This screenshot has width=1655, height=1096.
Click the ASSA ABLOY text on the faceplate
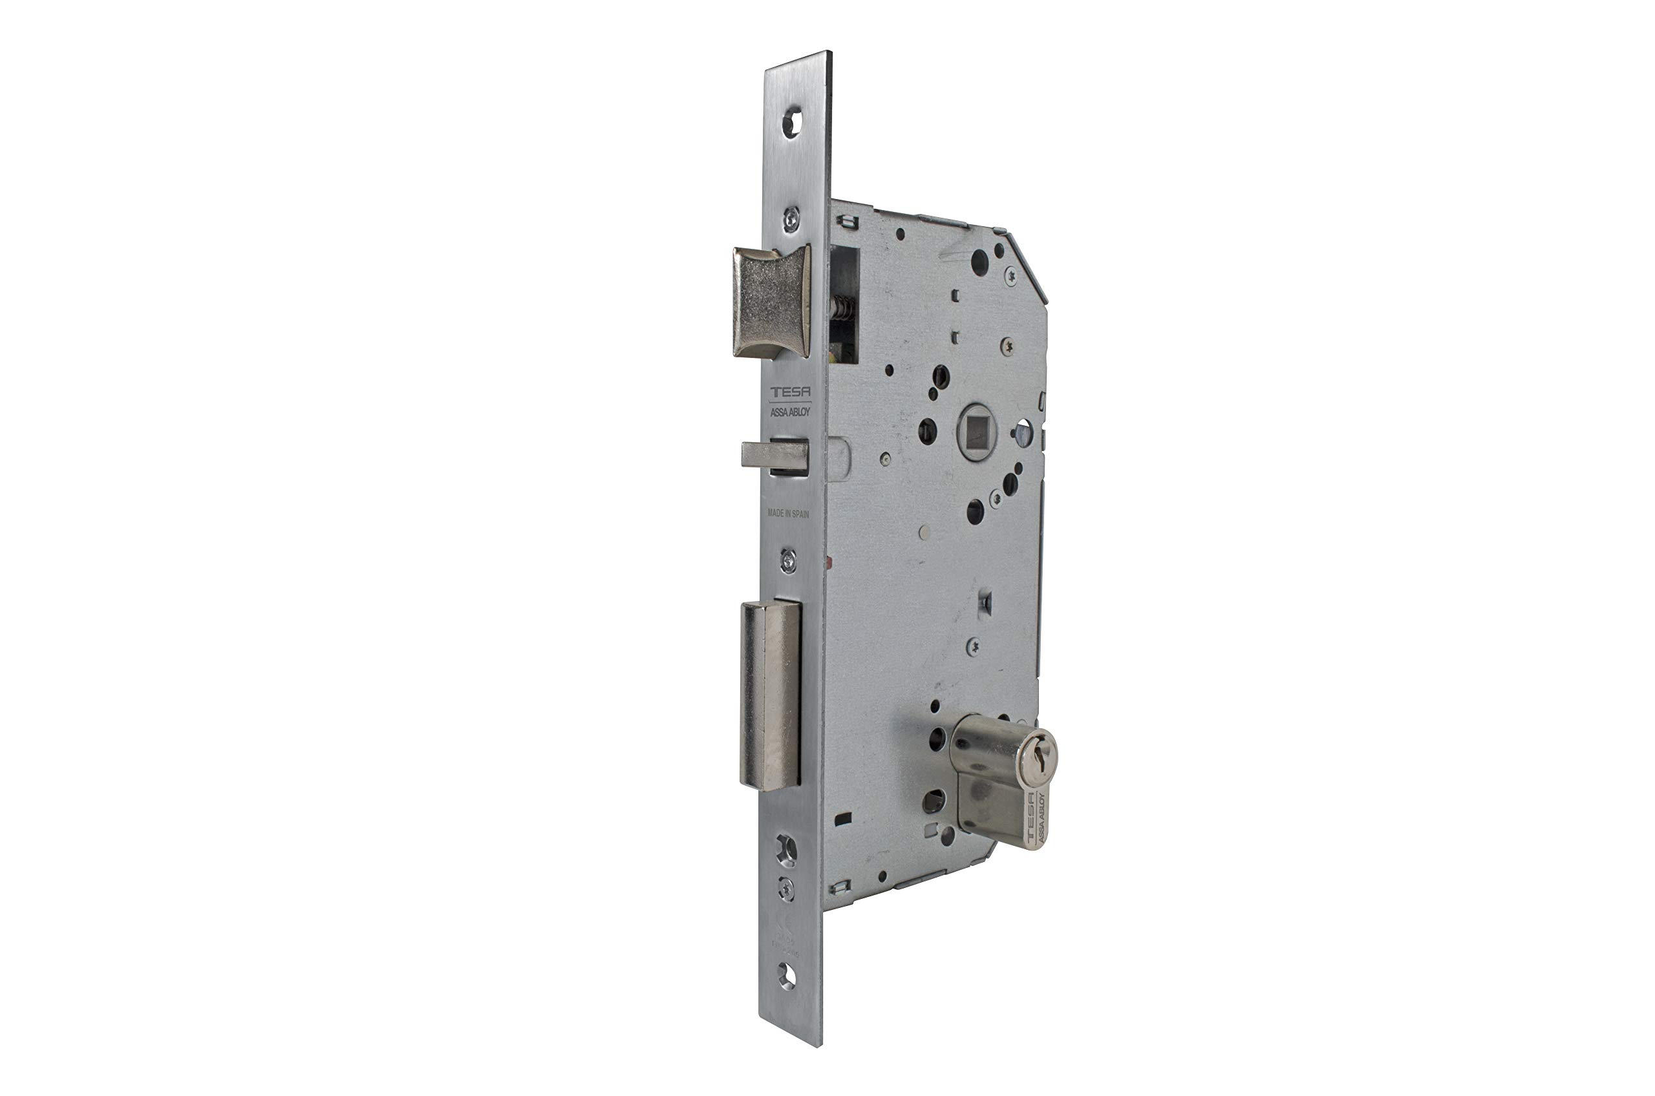tap(790, 412)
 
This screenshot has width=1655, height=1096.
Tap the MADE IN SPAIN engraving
tap(788, 513)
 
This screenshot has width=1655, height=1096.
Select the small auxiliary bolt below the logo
tap(774, 456)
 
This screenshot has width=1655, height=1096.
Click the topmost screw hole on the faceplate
tap(791, 123)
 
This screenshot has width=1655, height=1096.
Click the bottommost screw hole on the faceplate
tap(787, 976)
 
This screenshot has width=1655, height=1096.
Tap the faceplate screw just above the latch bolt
tap(791, 220)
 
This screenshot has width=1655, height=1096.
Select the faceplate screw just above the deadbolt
tap(788, 560)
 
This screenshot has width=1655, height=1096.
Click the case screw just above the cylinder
tap(972, 648)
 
